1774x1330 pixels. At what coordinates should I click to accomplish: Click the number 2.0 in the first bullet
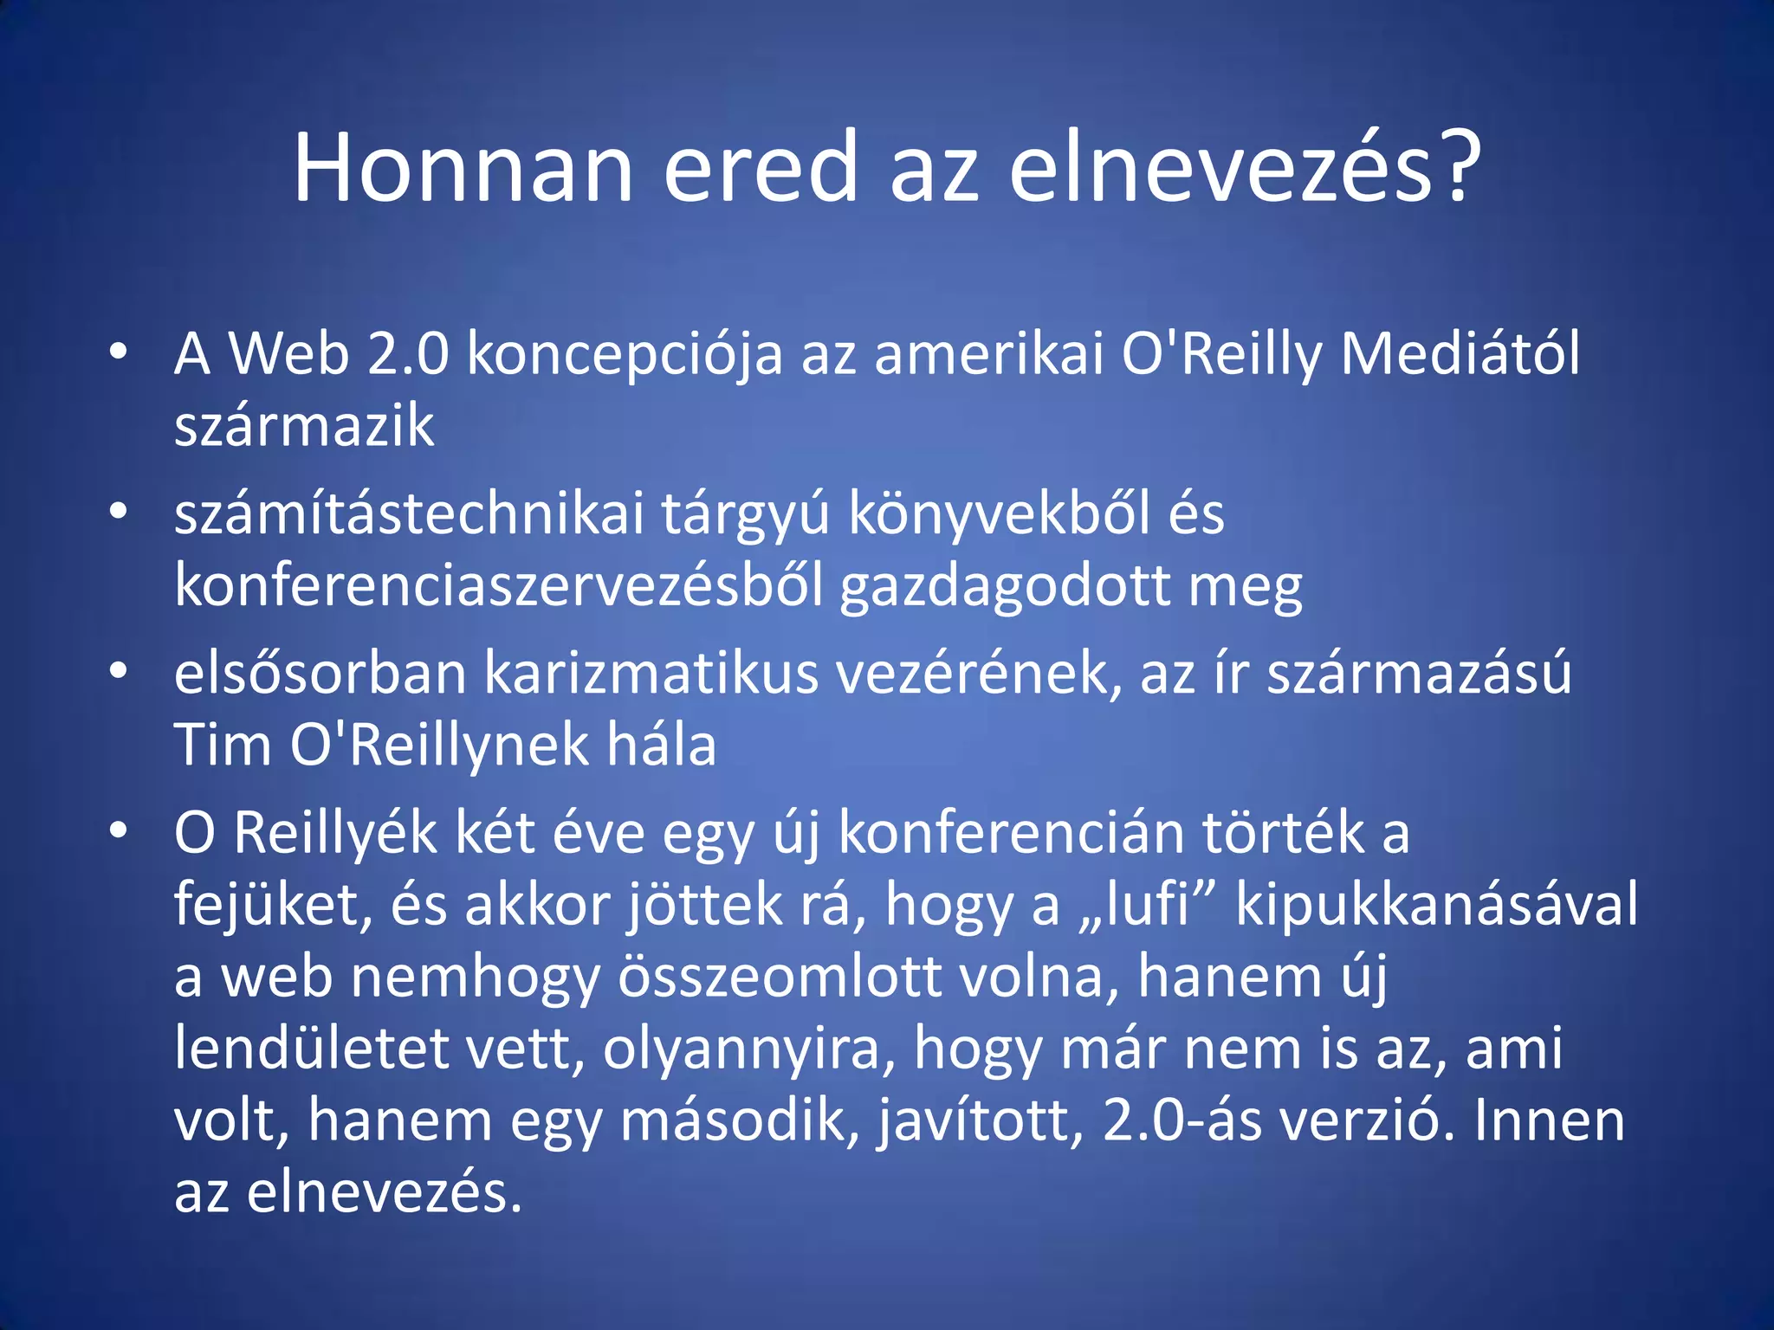[408, 354]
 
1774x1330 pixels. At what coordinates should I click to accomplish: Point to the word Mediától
[1460, 354]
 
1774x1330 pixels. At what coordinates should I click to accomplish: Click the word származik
[304, 426]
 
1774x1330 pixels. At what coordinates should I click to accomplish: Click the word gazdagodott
[1004, 586]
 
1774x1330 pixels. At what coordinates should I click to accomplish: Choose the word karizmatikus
[651, 674]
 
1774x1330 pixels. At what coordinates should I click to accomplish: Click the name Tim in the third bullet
[223, 746]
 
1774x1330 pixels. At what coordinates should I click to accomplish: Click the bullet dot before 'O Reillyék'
[119, 830]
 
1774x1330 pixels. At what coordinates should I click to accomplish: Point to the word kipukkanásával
[1436, 905]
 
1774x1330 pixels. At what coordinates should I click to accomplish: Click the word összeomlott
[780, 977]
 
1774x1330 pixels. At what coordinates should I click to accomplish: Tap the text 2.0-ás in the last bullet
[1182, 1120]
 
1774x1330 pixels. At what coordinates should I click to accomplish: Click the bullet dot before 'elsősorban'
[119, 670]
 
